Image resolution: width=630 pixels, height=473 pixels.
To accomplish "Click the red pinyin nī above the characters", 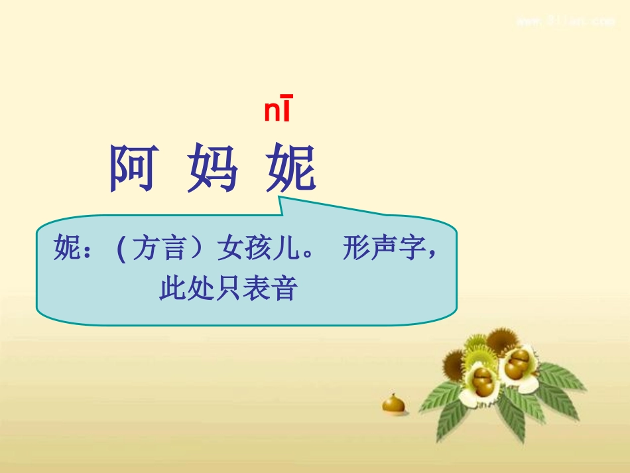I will tap(277, 110).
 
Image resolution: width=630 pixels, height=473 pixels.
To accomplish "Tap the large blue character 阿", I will tap(133, 169).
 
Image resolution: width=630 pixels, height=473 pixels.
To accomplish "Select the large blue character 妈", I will tap(212, 169).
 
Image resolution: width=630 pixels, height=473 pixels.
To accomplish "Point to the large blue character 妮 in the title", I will tap(291, 169).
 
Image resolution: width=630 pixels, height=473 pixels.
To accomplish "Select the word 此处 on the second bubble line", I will tap(181, 289).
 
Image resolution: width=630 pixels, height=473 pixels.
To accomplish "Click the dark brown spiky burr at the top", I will tap(502, 341).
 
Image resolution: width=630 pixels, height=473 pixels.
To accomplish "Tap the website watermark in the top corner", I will tap(565, 21).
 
